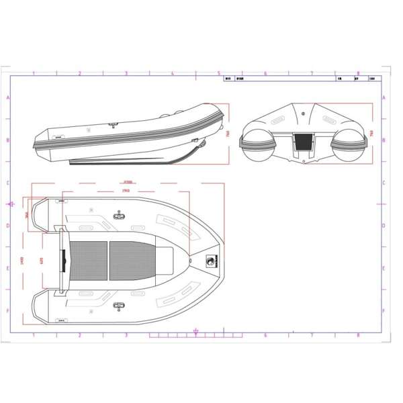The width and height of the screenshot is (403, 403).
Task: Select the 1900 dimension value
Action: (x=126, y=190)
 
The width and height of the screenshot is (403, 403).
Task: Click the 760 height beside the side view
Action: (x=228, y=133)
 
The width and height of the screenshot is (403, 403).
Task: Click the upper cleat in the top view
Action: (x=120, y=214)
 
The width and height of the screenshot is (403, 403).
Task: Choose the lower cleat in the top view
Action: (x=120, y=307)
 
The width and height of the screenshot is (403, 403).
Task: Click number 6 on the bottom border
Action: (x=265, y=334)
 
